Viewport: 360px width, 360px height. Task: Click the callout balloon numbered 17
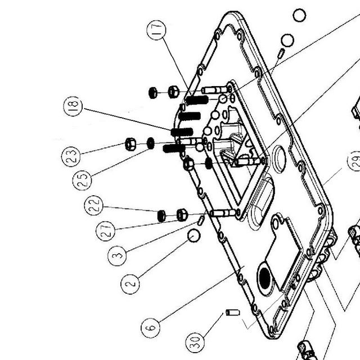[156, 30]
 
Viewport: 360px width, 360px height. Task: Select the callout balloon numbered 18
[73, 106]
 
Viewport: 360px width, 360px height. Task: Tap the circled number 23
[71, 156]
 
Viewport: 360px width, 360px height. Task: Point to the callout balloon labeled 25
[82, 180]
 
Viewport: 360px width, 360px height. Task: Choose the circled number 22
[94, 205]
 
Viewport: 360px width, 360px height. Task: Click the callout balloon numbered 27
[105, 231]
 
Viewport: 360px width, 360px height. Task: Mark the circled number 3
[117, 256]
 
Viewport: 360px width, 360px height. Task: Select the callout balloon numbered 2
[130, 284]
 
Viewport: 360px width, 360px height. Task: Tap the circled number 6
[151, 328]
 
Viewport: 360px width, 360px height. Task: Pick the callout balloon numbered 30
[195, 343]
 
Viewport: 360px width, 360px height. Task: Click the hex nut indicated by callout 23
[130, 144]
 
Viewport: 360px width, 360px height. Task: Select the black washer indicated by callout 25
[150, 143]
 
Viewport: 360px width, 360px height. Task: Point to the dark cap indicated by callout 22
[161, 216]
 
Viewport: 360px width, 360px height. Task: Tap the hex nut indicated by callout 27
[182, 215]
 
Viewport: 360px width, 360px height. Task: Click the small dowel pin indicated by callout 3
[201, 220]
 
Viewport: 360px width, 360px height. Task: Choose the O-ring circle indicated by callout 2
[194, 236]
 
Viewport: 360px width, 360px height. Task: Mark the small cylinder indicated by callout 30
[233, 313]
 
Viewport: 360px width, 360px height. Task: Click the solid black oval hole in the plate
[264, 278]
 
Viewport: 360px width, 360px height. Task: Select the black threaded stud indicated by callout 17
[197, 100]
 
